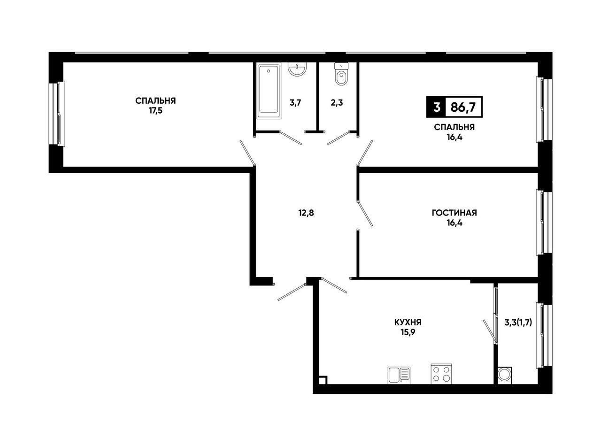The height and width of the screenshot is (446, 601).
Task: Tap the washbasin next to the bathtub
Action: click(x=297, y=69)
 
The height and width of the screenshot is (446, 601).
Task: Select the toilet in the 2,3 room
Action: click(x=341, y=74)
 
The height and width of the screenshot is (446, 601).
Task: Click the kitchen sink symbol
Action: click(x=399, y=375)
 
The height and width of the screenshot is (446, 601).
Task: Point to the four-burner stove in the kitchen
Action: click(x=441, y=374)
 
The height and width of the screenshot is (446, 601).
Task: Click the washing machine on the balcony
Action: click(x=505, y=375)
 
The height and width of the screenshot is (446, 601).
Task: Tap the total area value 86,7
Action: click(x=463, y=108)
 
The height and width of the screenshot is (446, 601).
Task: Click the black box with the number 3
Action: click(x=436, y=107)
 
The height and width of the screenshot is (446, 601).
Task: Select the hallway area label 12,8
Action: click(x=306, y=213)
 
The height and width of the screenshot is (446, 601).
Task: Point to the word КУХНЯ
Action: click(x=408, y=323)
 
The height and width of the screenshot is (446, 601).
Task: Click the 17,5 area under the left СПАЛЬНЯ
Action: click(x=155, y=111)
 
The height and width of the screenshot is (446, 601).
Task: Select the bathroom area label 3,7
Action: click(x=295, y=103)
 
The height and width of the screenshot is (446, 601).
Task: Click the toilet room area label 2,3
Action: click(x=337, y=103)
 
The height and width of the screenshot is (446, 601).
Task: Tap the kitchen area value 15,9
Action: click(x=408, y=332)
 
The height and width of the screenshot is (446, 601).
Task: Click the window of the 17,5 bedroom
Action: click(x=57, y=114)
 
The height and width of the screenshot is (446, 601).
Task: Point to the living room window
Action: click(x=544, y=222)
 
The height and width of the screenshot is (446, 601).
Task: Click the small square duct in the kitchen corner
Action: click(x=323, y=380)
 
